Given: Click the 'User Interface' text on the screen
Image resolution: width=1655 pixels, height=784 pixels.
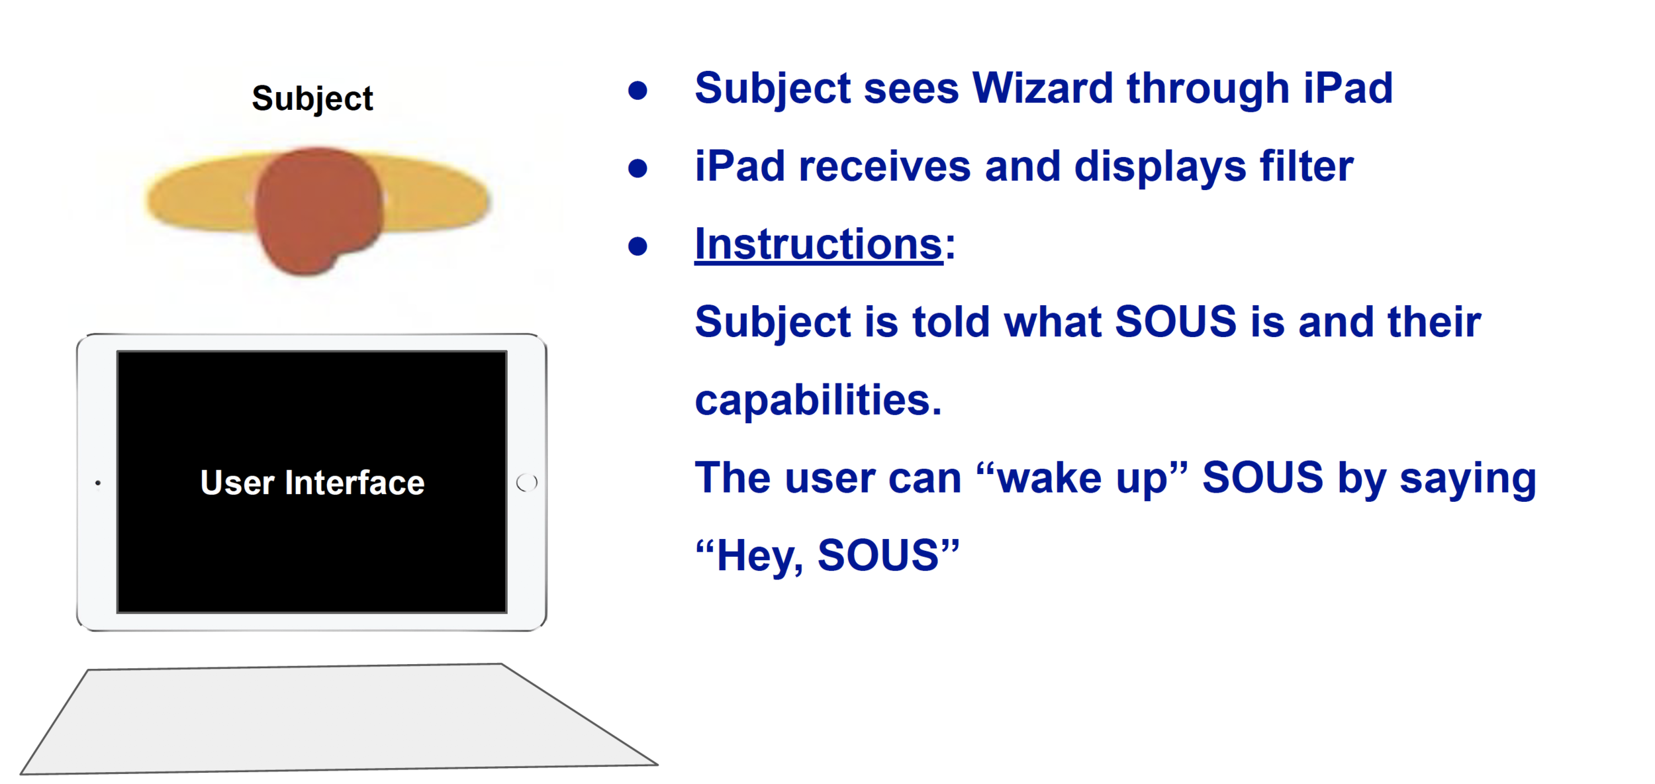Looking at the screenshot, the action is (312, 482).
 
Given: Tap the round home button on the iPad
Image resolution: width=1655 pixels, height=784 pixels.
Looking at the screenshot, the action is (527, 483).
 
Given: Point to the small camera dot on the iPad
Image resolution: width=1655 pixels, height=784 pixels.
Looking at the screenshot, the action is (98, 483).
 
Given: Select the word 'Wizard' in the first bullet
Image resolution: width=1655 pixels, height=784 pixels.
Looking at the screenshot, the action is (1043, 88).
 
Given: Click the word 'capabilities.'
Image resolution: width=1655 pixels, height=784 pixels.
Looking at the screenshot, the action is (818, 401).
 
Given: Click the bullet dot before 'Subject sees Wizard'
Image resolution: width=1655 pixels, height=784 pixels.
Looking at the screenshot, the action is (638, 91).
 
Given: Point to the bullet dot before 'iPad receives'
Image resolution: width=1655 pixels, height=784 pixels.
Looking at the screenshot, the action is (638, 168).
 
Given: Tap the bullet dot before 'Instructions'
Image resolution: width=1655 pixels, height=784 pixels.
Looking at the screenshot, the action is (638, 246).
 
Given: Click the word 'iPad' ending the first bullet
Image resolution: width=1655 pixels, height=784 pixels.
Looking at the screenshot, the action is (1348, 88).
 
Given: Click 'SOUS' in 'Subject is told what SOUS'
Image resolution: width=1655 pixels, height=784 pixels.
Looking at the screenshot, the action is (1176, 322).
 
